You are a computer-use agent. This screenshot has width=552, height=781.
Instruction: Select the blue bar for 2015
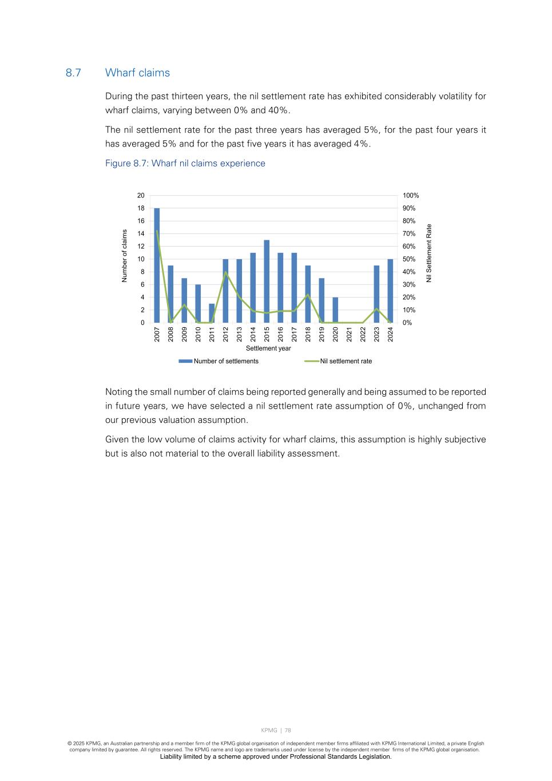(x=267, y=281)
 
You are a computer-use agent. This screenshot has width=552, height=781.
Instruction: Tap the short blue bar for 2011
(x=212, y=313)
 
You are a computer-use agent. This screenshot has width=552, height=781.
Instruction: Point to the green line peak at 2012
(x=225, y=272)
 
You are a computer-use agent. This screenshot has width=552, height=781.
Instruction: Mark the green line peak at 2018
(x=308, y=295)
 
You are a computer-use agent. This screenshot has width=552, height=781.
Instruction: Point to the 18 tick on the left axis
(x=141, y=208)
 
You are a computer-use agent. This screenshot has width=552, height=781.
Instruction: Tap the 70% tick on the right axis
(x=409, y=233)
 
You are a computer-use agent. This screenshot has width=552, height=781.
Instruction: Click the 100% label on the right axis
(x=411, y=195)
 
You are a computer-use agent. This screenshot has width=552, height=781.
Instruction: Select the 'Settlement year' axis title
(x=268, y=348)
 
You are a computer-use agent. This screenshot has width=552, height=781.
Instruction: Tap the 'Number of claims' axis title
(x=124, y=256)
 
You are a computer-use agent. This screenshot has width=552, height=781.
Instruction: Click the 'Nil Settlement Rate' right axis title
(x=429, y=253)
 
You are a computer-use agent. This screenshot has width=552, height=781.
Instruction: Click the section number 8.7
(x=73, y=73)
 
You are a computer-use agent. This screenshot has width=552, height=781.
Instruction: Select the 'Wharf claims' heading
(x=137, y=73)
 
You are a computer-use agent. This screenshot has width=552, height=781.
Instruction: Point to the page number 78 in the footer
(x=288, y=730)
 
